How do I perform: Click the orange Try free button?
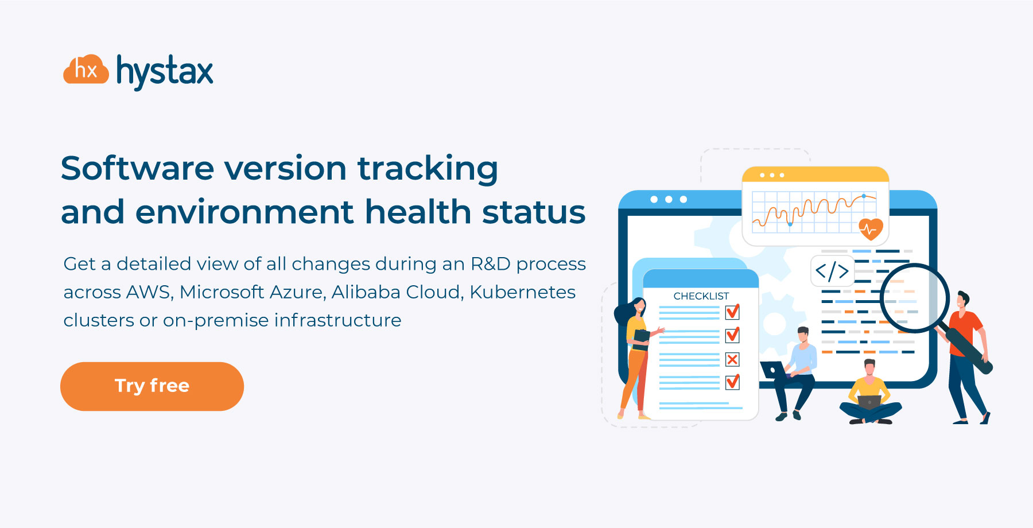coord(152,386)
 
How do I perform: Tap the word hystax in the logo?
coord(165,72)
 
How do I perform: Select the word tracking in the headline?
coord(428,169)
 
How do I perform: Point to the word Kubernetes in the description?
coord(522,292)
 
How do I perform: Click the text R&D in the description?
coord(490,264)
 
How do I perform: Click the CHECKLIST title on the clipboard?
coord(701,296)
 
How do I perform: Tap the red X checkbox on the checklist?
coord(732,360)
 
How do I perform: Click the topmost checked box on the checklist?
coord(732,312)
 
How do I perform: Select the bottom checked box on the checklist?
coord(732,382)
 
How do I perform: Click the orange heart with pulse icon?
coord(871,229)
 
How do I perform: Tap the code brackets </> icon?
coord(832,271)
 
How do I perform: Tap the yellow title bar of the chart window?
coord(815,174)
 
